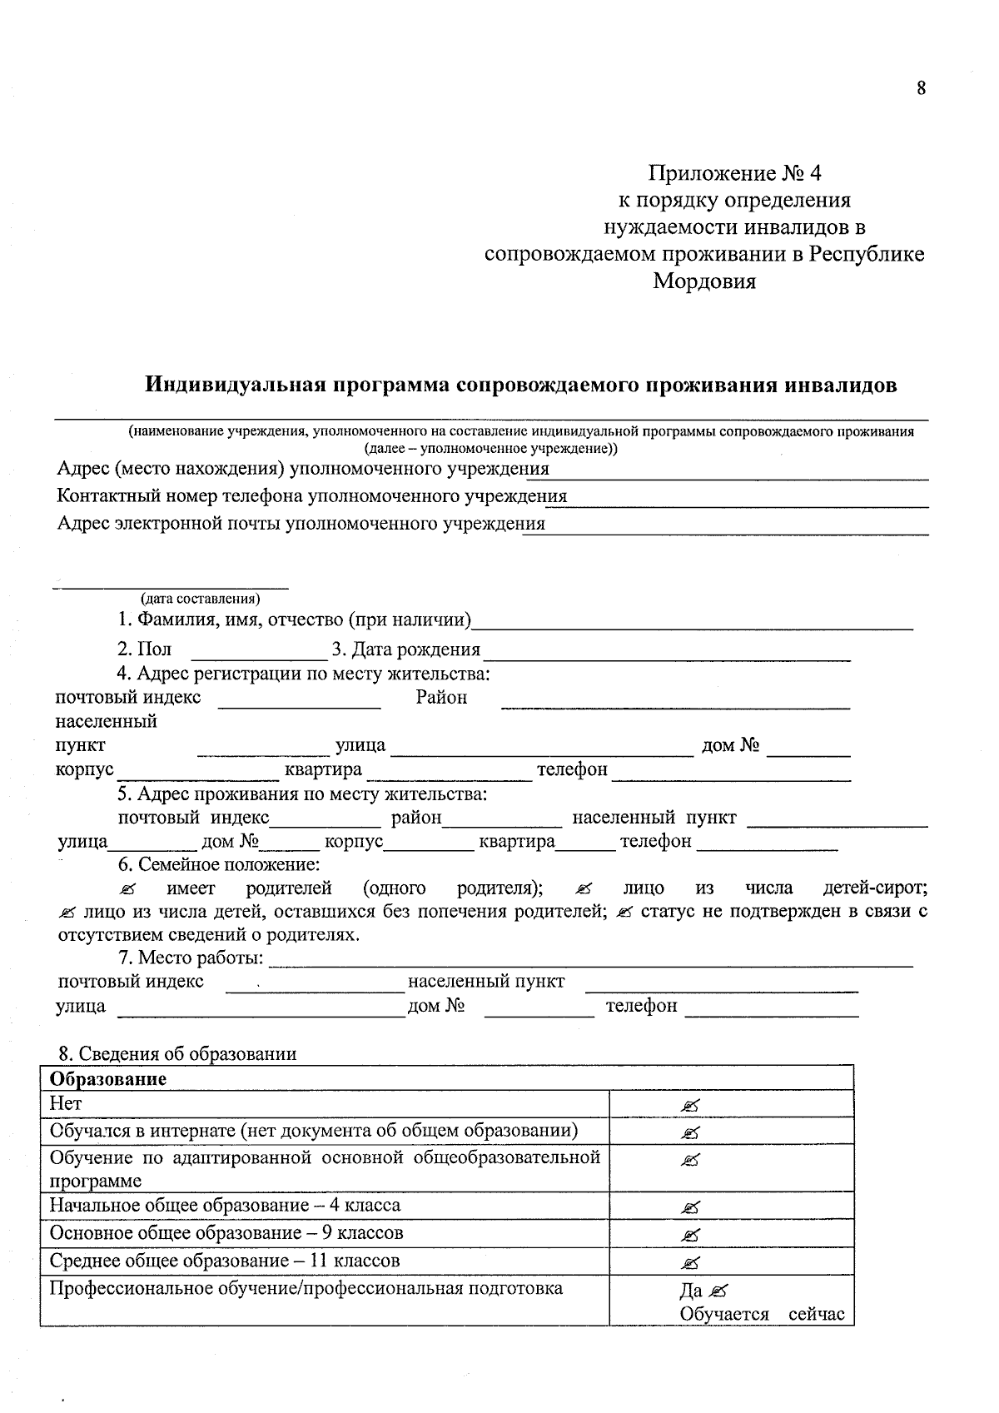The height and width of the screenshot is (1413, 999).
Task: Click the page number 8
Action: tap(921, 88)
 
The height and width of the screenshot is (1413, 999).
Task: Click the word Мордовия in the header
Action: tap(704, 281)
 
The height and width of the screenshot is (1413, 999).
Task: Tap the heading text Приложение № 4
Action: tap(735, 173)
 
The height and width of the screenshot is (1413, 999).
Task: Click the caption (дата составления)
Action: tap(201, 598)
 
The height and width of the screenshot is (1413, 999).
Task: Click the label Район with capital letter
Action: tap(441, 698)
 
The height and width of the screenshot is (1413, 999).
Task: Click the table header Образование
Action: tap(108, 1079)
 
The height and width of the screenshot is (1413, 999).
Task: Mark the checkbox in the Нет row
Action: tap(689, 1106)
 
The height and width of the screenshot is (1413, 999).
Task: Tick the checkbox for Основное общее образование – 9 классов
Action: tap(689, 1235)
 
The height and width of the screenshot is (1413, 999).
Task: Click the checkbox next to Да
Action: tap(719, 1291)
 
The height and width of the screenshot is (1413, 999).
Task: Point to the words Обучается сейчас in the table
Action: tap(762, 1315)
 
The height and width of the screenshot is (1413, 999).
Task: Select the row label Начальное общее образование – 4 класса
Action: tap(225, 1206)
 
